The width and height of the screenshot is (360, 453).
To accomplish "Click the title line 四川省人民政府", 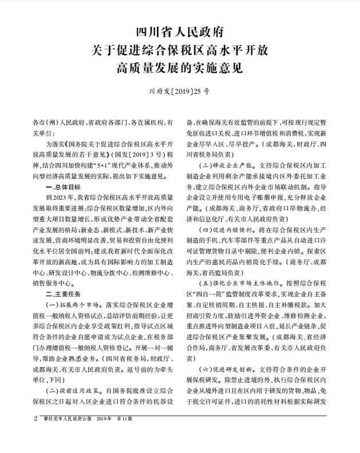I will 179,30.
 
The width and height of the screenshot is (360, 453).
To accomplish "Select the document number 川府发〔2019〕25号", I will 179,91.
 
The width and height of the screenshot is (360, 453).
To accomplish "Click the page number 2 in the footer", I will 35,435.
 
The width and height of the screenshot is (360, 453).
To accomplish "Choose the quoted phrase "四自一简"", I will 212,294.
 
